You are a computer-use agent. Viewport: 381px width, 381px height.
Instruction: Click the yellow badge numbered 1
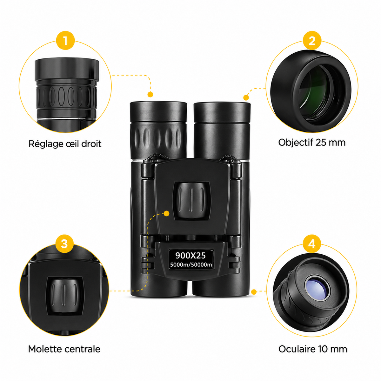click(x=65, y=41)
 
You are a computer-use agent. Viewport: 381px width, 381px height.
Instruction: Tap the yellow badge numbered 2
click(x=312, y=41)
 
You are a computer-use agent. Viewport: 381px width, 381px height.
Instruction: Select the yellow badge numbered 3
click(x=64, y=244)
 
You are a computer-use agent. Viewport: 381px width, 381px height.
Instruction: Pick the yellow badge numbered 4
click(x=312, y=244)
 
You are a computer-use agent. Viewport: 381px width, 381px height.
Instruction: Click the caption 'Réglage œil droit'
click(x=65, y=144)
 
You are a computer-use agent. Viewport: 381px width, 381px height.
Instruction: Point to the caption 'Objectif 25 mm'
click(x=312, y=143)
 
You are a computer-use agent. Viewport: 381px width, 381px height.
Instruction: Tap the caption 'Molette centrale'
click(x=64, y=349)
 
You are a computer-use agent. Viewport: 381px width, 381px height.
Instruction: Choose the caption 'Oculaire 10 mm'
click(x=313, y=349)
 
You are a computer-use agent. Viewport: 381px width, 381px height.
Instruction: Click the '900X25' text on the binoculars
click(x=190, y=256)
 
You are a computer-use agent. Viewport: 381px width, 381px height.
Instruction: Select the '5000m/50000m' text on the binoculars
click(x=191, y=264)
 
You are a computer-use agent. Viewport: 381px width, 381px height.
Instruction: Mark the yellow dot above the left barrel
click(x=150, y=95)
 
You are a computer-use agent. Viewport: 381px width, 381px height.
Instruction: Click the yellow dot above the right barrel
click(x=246, y=97)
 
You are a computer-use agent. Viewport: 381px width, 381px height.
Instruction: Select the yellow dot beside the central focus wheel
click(x=167, y=214)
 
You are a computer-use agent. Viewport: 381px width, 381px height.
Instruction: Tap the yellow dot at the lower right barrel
click(x=254, y=292)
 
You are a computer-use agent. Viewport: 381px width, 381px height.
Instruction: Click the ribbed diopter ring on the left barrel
click(x=158, y=137)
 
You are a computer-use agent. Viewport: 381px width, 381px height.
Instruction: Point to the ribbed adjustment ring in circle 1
click(x=66, y=97)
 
